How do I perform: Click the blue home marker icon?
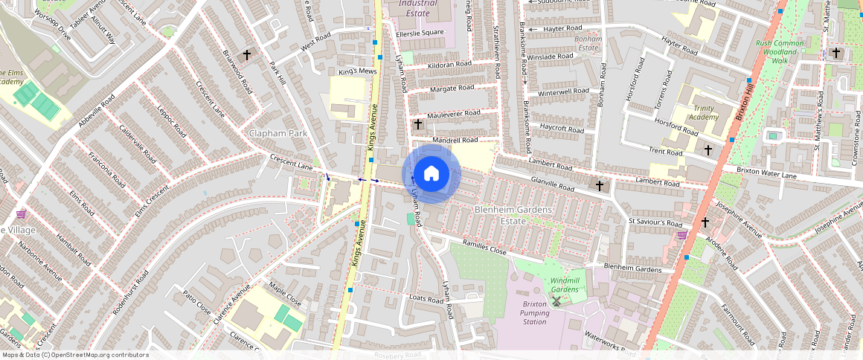point(431,174)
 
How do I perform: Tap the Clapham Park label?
point(278,133)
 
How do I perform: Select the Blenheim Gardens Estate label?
point(513,216)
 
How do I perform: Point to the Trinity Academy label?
point(703,112)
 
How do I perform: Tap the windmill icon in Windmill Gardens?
point(556,300)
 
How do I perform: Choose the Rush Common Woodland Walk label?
point(780,52)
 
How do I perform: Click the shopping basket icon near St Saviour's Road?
point(682,235)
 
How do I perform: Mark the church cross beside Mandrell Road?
point(418,123)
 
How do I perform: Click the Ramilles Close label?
point(484,248)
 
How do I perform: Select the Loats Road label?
point(426,298)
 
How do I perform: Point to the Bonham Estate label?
point(588,42)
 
